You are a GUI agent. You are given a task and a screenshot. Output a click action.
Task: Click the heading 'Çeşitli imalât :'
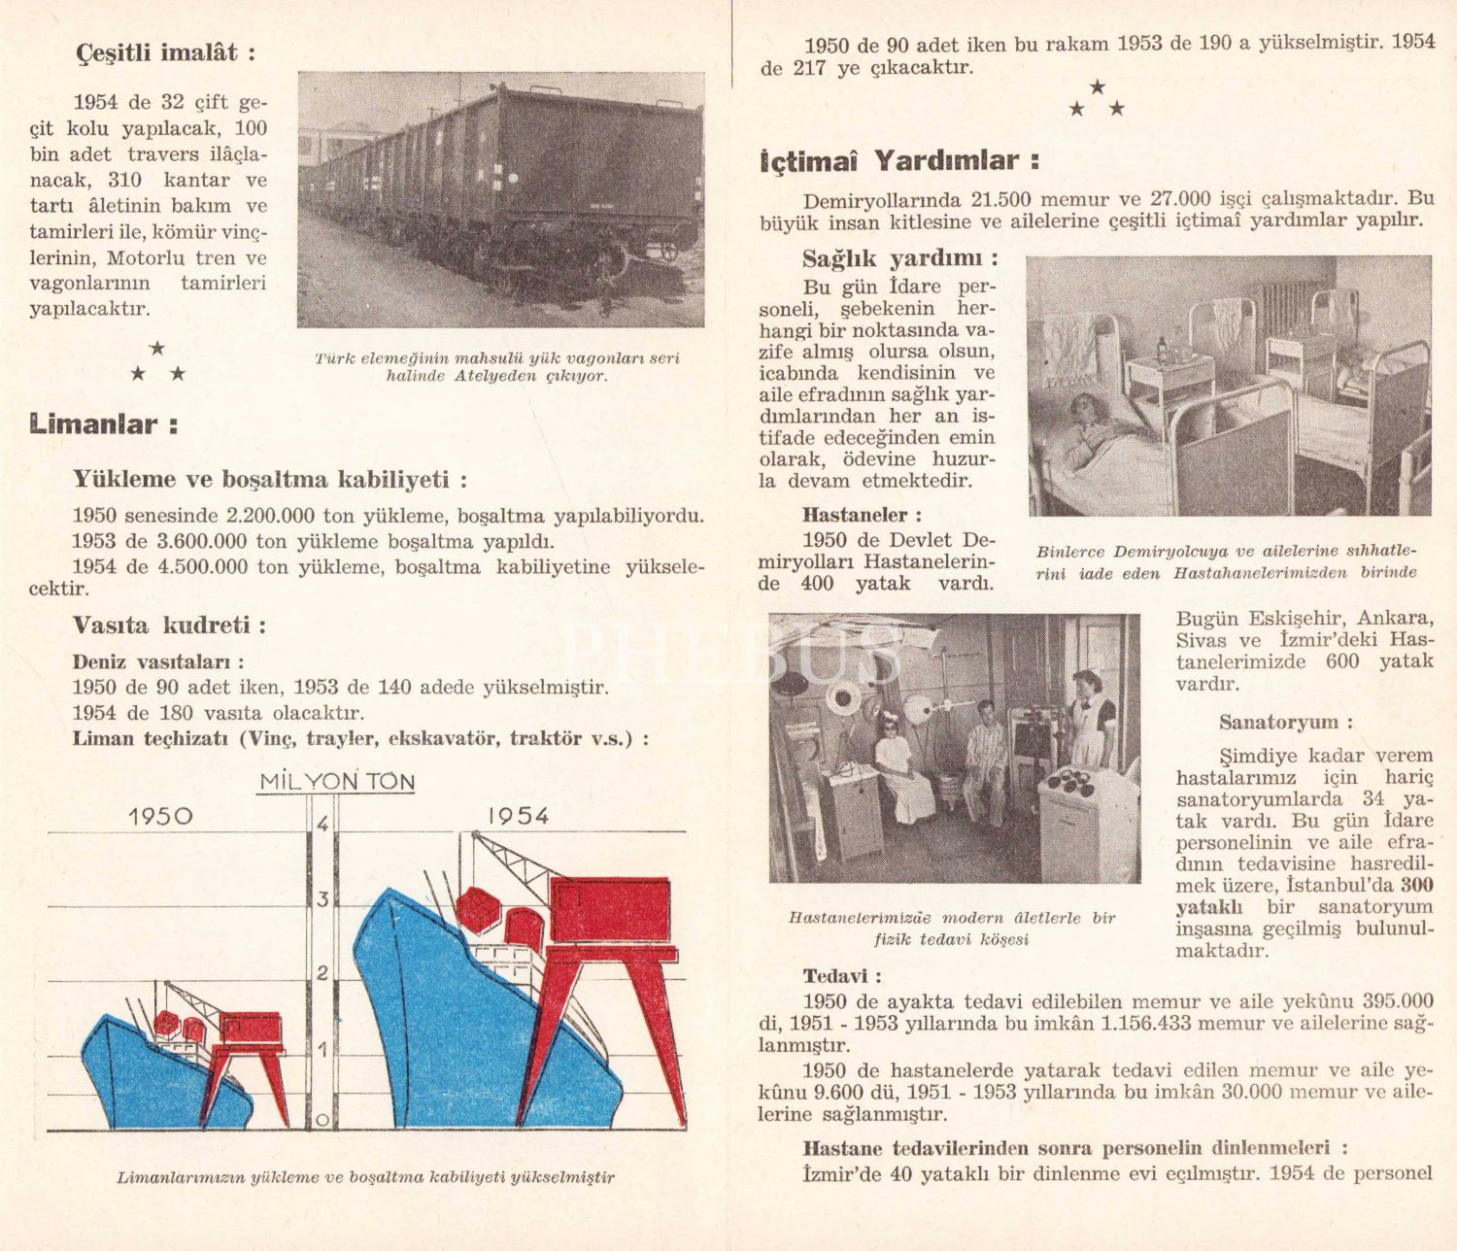165,52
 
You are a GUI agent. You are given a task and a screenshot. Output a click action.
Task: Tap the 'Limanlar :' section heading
103,424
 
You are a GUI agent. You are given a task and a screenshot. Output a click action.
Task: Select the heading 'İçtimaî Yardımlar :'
899,161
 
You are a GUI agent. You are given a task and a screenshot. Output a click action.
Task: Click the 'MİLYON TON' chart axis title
336,782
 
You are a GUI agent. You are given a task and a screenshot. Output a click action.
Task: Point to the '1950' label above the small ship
160,817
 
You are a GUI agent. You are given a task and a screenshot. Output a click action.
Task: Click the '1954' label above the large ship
518,816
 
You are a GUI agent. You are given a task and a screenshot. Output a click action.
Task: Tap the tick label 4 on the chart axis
323,826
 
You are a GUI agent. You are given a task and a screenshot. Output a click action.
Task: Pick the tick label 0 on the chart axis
322,1120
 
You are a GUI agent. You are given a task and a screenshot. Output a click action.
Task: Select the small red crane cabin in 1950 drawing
251,1029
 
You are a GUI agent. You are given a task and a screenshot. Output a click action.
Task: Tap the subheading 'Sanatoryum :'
1285,723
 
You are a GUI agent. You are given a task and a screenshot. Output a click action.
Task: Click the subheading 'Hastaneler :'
862,515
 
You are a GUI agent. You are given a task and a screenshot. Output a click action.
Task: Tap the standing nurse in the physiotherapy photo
1087,721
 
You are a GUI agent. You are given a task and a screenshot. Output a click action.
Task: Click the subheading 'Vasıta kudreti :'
169,625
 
